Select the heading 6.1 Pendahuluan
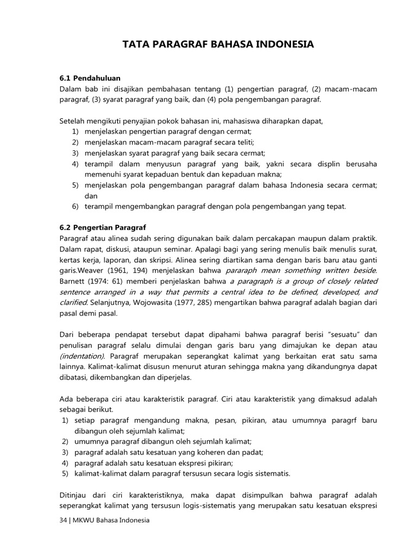90,78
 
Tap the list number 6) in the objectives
75,206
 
